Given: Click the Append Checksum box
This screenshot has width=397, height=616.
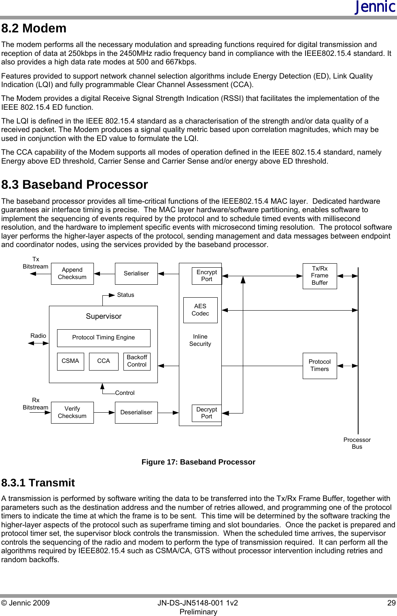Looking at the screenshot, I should click(x=72, y=273).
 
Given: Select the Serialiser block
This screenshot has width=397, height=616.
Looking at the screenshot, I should click(x=136, y=273).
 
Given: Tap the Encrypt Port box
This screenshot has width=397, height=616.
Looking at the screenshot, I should click(x=206, y=276).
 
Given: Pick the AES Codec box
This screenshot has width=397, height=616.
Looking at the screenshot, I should click(x=200, y=310).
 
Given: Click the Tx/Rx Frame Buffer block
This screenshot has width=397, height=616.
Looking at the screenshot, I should click(x=320, y=276).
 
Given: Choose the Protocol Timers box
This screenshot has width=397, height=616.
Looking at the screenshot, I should click(x=320, y=365).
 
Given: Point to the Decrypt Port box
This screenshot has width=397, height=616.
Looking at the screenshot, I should click(x=206, y=413).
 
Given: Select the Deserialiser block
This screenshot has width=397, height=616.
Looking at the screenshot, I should click(x=136, y=412).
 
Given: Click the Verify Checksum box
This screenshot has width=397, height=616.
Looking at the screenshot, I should click(x=72, y=412).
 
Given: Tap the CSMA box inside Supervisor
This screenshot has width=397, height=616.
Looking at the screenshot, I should click(x=70, y=361).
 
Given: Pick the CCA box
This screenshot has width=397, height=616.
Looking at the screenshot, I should click(x=104, y=361).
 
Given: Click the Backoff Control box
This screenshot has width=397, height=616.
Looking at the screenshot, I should click(x=137, y=361).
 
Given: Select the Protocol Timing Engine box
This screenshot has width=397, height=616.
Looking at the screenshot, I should click(x=104, y=338).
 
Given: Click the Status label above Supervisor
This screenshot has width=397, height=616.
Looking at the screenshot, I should click(x=125, y=295).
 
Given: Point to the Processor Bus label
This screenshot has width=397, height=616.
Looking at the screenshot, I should click(x=357, y=443).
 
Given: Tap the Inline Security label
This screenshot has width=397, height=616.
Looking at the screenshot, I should click(x=200, y=340).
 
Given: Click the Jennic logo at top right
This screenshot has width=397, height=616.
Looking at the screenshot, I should click(x=375, y=7).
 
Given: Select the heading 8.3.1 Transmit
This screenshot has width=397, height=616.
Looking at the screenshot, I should click(x=38, y=483).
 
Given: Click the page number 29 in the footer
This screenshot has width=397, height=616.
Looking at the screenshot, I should click(x=391, y=603).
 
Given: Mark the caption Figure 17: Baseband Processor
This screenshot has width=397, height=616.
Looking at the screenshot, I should click(x=198, y=462).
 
